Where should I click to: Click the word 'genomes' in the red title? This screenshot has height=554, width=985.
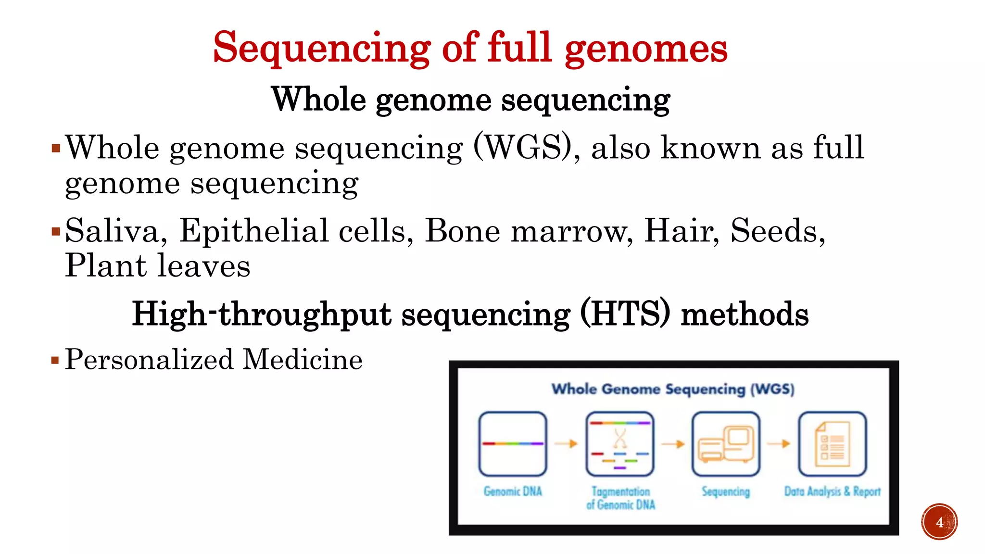pyautogui.click(x=646, y=50)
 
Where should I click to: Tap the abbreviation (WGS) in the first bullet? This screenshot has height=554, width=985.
pyautogui.click(x=526, y=148)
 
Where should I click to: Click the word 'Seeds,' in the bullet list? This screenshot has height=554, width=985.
pyautogui.click(x=778, y=231)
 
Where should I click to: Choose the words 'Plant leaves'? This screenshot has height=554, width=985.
pyautogui.click(x=158, y=266)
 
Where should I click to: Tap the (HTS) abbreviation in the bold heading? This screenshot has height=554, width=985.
pyautogui.click(x=625, y=315)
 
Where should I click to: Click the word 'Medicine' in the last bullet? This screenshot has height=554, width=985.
pyautogui.click(x=303, y=360)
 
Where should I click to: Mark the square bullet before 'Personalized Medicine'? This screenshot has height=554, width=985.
pyautogui.click(x=55, y=360)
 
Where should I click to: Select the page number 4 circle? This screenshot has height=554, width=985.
pyautogui.click(x=939, y=522)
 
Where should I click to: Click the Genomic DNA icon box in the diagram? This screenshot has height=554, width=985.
pyautogui.click(x=513, y=443)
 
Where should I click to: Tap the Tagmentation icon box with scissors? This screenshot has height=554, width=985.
pyautogui.click(x=620, y=443)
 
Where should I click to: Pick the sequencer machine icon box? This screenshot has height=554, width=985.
pyautogui.click(x=726, y=443)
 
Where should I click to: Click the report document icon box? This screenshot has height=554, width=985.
pyautogui.click(x=832, y=443)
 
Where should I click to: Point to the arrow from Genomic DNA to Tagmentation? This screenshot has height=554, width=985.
pyautogui.click(x=566, y=443)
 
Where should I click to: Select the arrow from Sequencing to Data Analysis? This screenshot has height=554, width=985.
pyautogui.click(x=779, y=443)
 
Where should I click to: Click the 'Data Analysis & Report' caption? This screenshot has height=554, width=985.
pyautogui.click(x=832, y=491)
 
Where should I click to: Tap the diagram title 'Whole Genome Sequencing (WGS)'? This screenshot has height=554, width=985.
pyautogui.click(x=673, y=389)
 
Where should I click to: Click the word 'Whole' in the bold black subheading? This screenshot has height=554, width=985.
pyautogui.click(x=319, y=100)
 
